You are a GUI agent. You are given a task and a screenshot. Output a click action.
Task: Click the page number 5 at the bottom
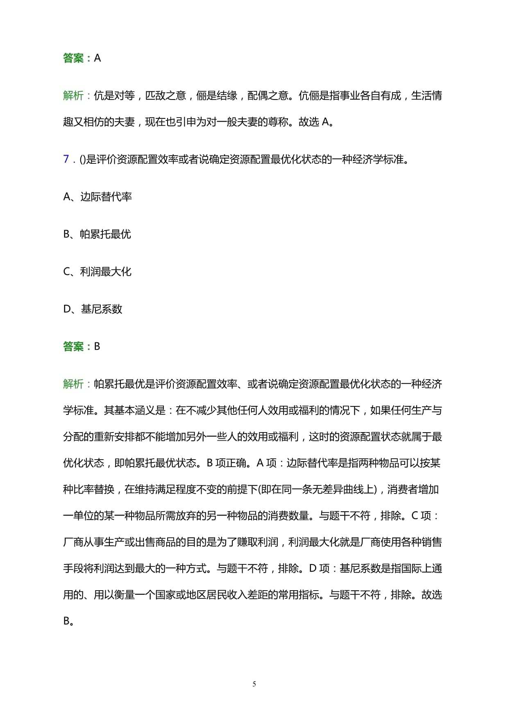pyautogui.click(x=254, y=684)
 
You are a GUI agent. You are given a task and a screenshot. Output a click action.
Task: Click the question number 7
pyautogui.click(x=66, y=159)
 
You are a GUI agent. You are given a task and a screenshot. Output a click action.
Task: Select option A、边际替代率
pyautogui.click(x=98, y=197)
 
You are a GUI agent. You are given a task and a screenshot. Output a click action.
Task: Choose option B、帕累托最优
pyautogui.click(x=97, y=234)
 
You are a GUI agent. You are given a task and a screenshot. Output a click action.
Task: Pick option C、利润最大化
pyautogui.click(x=98, y=272)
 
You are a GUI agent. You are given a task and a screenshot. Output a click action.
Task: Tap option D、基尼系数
pyautogui.click(x=93, y=309)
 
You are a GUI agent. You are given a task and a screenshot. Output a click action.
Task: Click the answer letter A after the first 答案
pyautogui.click(x=98, y=58)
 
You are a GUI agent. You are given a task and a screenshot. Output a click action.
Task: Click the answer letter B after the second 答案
pyautogui.click(x=97, y=347)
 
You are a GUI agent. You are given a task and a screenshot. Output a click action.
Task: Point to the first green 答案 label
pyautogui.click(x=74, y=58)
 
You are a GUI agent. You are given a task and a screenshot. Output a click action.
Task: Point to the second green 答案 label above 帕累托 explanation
pyautogui.click(x=74, y=347)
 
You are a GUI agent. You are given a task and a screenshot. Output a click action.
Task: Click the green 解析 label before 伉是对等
pyautogui.click(x=74, y=96)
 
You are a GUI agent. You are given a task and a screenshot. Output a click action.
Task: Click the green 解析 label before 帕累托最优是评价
pyautogui.click(x=74, y=384)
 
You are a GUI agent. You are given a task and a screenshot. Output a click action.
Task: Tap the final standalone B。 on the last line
pyautogui.click(x=68, y=621)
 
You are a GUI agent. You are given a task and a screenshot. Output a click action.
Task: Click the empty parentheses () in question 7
pyautogui.click(x=82, y=159)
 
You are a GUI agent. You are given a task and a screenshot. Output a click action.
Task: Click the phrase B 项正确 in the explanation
pyautogui.click(x=228, y=463)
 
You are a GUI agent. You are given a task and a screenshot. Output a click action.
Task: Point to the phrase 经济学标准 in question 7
pyautogui.click(x=378, y=159)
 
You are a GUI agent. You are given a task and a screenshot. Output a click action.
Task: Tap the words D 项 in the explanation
pyautogui.click(x=319, y=569)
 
